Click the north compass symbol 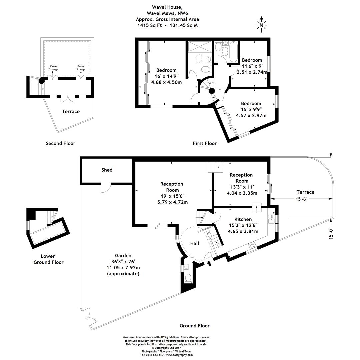(x=261, y=24)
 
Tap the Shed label (x=107, y=170)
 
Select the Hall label (x=195, y=243)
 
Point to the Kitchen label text (x=243, y=219)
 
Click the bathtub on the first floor (x=233, y=52)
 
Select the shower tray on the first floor (x=200, y=47)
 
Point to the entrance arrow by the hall (x=209, y=264)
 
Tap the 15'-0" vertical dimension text (x=331, y=233)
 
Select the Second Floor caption (x=60, y=143)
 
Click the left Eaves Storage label (x=54, y=68)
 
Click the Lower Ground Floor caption (x=48, y=259)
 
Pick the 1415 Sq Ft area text (x=148, y=25)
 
